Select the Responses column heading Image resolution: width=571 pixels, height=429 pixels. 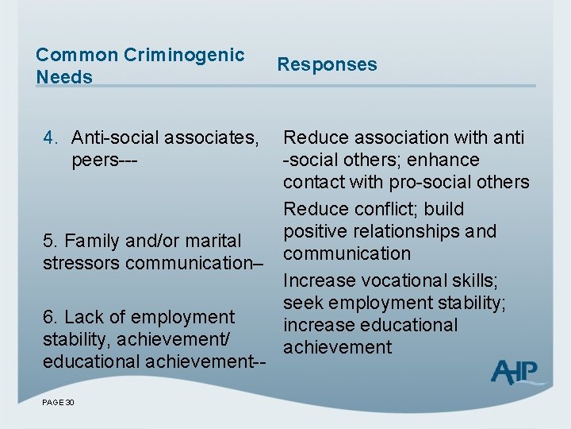[327, 64]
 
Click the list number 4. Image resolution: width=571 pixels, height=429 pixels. [49, 138]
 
